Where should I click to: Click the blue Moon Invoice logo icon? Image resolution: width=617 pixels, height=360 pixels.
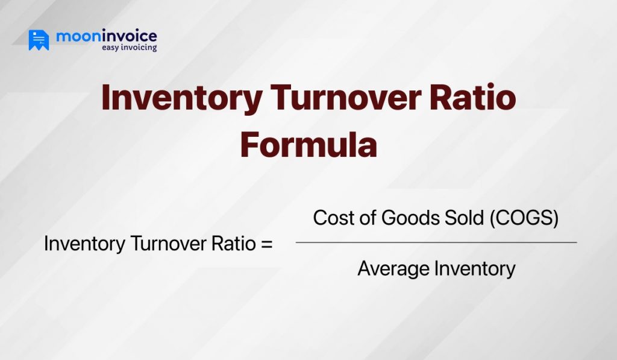pyautogui.click(x=39, y=40)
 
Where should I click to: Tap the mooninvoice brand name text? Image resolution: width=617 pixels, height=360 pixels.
pyautogui.click(x=106, y=36)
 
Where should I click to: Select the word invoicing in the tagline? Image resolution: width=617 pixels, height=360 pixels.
pyautogui.click(x=140, y=48)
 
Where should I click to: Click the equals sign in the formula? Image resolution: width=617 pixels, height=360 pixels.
pyautogui.click(x=266, y=245)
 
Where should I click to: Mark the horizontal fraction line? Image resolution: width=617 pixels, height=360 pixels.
pyautogui.click(x=436, y=242)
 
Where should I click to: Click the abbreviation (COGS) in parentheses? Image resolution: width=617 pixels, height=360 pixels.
pyautogui.click(x=523, y=218)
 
